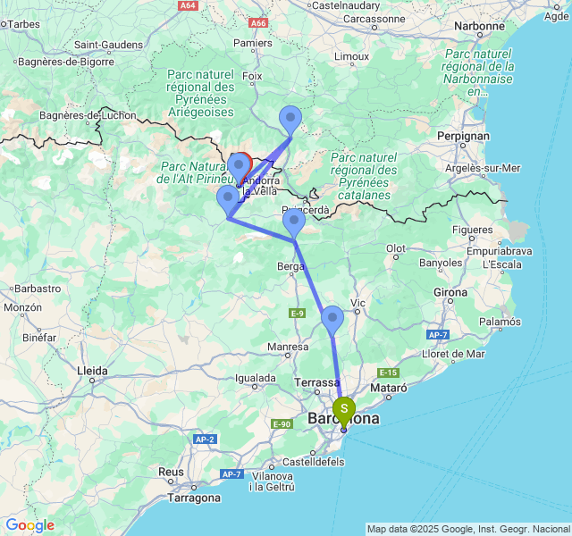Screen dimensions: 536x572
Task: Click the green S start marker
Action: pyautogui.click(x=344, y=410)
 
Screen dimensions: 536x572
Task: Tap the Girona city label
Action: pyautogui.click(x=450, y=292)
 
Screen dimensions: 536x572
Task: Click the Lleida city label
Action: pyautogui.click(x=93, y=370)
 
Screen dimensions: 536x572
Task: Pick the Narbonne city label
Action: pyautogui.click(x=479, y=26)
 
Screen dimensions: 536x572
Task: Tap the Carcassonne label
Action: pyautogui.click(x=374, y=18)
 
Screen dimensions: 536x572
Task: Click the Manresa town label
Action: pyautogui.click(x=288, y=347)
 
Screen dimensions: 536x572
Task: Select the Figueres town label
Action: pyautogui.click(x=473, y=230)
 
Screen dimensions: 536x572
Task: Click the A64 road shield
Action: pyautogui.click(x=188, y=5)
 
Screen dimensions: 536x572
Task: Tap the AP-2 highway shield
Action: pyautogui.click(x=206, y=440)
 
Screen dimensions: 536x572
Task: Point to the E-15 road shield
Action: pyautogui.click(x=387, y=373)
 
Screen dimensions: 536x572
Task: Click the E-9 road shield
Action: pyautogui.click(x=298, y=313)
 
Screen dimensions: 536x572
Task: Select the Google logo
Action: pyautogui.click(x=29, y=525)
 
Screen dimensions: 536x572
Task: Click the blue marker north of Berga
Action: pyautogui.click(x=293, y=221)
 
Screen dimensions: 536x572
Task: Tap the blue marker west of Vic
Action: pyautogui.click(x=332, y=317)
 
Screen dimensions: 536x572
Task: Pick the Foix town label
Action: pyautogui.click(x=252, y=77)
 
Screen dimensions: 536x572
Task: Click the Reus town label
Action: pyautogui.click(x=171, y=472)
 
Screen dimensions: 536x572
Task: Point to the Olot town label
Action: pyautogui.click(x=396, y=249)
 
